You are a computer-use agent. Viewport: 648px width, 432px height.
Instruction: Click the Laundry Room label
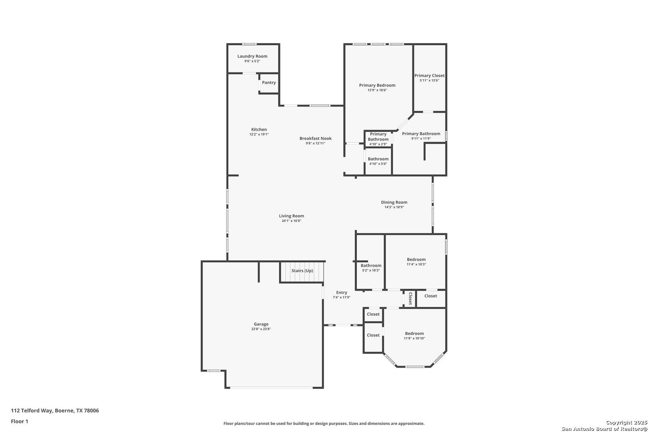click(252, 56)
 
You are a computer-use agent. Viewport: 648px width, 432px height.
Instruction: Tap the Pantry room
click(269, 83)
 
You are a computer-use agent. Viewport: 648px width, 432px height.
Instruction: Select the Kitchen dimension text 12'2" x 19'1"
click(259, 134)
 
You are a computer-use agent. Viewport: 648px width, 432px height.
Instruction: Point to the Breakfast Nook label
click(315, 138)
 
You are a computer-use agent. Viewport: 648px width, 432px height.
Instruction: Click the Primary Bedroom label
click(377, 85)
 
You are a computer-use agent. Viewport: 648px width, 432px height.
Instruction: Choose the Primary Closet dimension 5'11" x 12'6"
click(429, 80)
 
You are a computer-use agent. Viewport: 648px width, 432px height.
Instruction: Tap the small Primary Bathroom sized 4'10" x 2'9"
click(378, 138)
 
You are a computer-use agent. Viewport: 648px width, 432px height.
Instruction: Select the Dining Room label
click(394, 202)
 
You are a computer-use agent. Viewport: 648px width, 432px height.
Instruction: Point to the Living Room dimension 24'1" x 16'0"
click(291, 221)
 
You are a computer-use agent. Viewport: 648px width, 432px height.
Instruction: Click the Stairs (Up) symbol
click(302, 272)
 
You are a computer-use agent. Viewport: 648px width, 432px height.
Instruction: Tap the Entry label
click(341, 292)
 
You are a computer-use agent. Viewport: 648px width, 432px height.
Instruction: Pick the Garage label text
click(261, 324)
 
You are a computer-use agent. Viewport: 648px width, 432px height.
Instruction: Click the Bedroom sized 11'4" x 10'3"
click(416, 262)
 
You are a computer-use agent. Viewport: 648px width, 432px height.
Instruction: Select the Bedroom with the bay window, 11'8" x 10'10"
click(414, 336)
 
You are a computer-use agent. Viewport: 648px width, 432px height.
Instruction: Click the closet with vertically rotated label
click(410, 298)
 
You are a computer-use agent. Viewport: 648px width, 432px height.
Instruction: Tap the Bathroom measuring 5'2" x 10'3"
click(370, 268)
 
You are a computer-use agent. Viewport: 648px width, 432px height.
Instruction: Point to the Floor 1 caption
click(20, 421)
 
